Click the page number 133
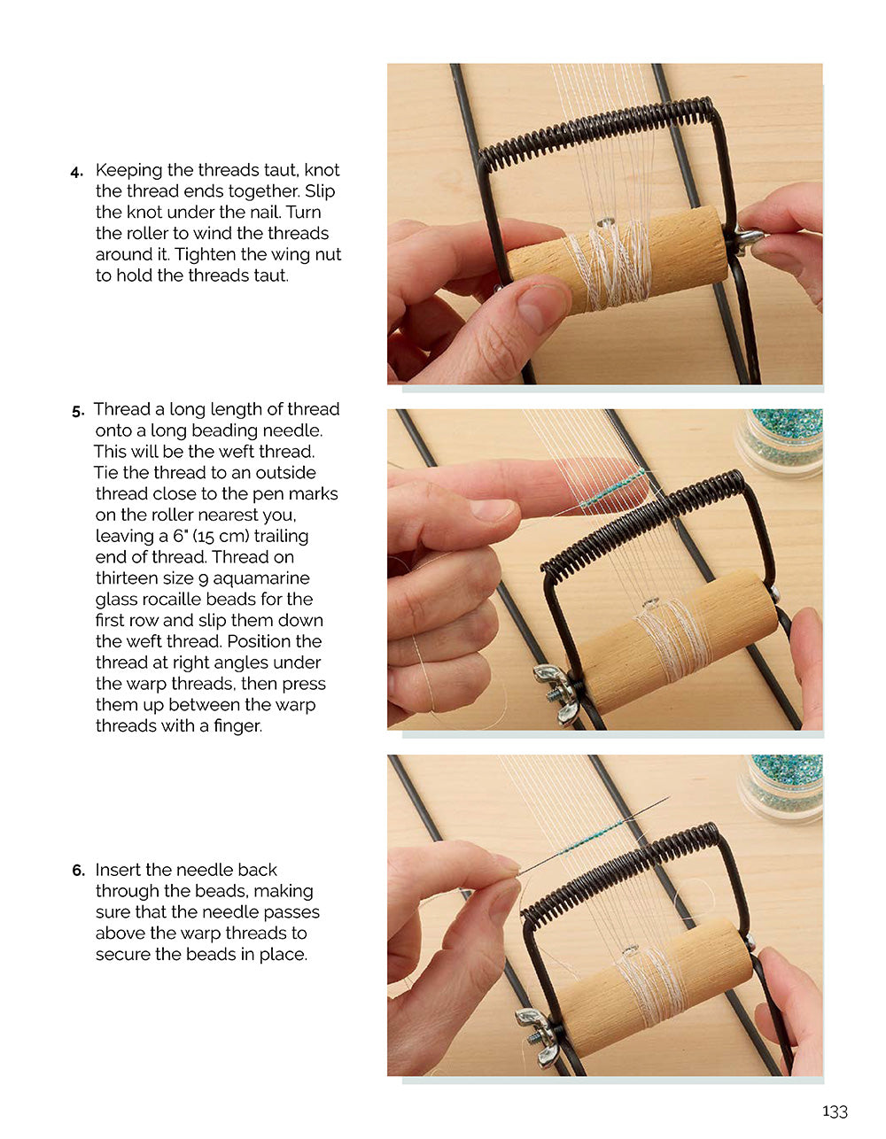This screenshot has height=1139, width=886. point(834,1112)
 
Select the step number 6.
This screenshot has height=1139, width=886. point(78,871)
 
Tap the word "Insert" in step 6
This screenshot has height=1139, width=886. point(120,870)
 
